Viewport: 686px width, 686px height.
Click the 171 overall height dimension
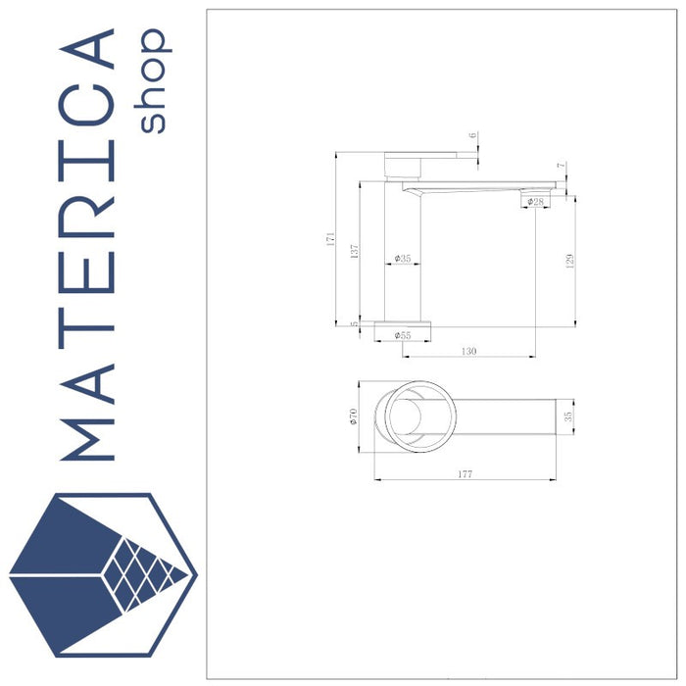(x=332, y=238)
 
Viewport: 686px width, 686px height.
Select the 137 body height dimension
(x=355, y=251)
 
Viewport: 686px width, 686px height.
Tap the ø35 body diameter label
(x=403, y=259)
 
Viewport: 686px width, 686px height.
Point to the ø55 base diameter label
(x=403, y=335)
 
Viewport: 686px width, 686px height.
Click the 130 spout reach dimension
(x=468, y=350)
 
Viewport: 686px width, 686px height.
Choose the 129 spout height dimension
(x=569, y=260)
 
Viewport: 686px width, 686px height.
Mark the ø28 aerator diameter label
(x=535, y=201)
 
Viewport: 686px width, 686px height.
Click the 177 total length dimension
(x=465, y=474)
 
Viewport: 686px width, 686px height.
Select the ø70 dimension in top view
(x=355, y=416)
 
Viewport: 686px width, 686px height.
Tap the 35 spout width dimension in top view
(x=568, y=416)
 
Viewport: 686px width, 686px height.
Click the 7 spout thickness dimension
(x=561, y=166)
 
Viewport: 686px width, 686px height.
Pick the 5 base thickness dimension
(x=355, y=323)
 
